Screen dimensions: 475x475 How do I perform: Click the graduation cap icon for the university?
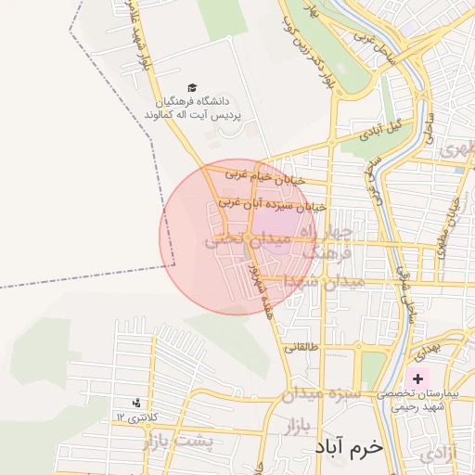192,86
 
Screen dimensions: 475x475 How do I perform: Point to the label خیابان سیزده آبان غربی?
272,203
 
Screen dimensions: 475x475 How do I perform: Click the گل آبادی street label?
385,125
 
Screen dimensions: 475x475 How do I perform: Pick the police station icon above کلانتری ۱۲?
137,403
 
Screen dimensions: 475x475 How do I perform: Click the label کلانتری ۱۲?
138,417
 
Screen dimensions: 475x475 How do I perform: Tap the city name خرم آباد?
349,448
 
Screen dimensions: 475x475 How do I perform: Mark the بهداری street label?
424,351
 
